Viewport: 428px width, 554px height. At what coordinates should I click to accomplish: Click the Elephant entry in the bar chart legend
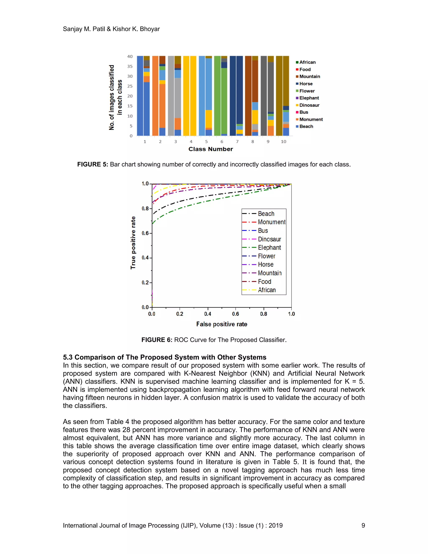click(x=309, y=98)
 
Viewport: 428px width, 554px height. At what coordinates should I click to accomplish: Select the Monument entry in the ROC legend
click(x=271, y=222)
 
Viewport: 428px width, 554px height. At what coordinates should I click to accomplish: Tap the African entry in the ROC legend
click(x=266, y=290)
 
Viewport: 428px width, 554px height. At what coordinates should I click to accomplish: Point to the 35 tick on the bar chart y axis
click(x=130, y=66)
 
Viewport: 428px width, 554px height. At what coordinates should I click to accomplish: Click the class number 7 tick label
click(x=237, y=142)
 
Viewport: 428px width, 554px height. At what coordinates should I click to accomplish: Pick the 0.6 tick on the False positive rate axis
click(x=236, y=314)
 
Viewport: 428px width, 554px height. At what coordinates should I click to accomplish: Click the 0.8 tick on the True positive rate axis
click(x=145, y=208)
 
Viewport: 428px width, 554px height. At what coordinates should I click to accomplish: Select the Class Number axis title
click(x=210, y=149)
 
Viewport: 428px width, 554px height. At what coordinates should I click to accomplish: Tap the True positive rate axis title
click(x=133, y=243)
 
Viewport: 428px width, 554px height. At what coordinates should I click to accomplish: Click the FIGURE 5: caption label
click(x=93, y=164)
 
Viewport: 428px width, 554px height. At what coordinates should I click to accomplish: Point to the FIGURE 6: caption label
click(x=157, y=340)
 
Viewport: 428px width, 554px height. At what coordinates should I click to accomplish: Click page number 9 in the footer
click(x=363, y=525)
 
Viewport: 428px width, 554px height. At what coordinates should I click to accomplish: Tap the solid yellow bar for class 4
click(x=186, y=96)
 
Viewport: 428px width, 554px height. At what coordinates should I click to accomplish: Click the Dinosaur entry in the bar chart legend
click(x=309, y=105)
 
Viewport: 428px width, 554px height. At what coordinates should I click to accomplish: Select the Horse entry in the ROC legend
click(x=265, y=265)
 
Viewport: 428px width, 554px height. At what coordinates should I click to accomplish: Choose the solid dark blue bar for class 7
click(x=233, y=96)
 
